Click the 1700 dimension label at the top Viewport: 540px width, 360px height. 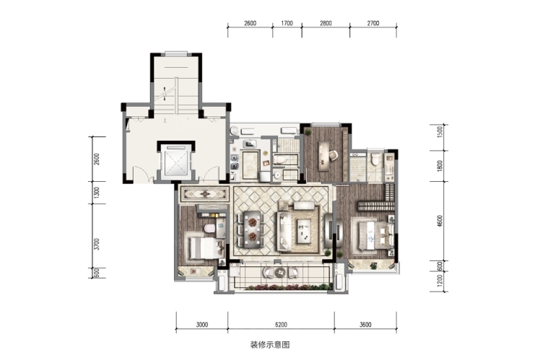click(287, 23)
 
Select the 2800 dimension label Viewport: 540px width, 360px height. click(326, 23)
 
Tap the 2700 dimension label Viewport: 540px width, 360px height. click(373, 23)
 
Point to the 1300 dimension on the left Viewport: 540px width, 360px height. click(97, 193)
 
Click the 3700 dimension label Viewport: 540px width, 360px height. click(97, 244)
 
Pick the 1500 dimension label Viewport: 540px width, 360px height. click(439, 132)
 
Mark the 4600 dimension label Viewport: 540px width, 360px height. click(439, 221)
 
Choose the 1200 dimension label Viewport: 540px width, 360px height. click(439, 281)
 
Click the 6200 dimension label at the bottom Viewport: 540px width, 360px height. click(281, 324)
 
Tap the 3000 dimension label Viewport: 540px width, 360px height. click(202, 324)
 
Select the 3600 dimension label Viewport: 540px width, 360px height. click(365, 324)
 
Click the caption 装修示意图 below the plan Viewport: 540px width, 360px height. click(270, 345)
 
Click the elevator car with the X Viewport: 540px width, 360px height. click(176, 161)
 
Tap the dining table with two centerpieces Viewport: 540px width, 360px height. click(253, 229)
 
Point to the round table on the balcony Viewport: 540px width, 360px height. click(280, 272)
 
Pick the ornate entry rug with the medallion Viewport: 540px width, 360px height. click(205, 194)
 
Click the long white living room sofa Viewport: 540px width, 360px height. click(284, 231)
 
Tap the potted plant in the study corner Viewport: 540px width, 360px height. click(308, 131)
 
